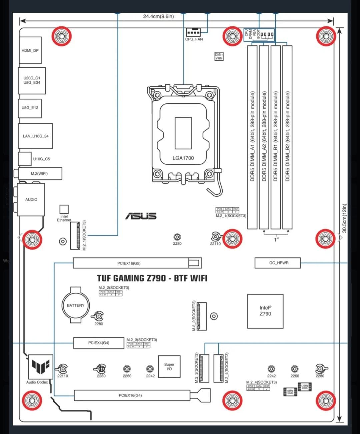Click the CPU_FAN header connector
point(193,32)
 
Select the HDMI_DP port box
point(30,50)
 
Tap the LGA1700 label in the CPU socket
point(183,158)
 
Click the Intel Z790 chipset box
point(265,311)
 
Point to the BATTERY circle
point(76,305)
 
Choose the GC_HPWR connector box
point(278,263)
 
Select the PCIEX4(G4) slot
point(99,343)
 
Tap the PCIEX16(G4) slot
point(132,395)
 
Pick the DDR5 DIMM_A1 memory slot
point(252,137)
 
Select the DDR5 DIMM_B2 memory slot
point(287,137)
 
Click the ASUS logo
point(141,216)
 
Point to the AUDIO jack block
point(31,199)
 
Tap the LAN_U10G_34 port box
point(35,136)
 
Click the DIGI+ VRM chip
point(219,56)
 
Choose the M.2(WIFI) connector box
point(40,174)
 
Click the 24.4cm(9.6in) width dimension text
point(158,16)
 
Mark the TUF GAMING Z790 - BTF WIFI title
point(152,278)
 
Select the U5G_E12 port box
point(30,108)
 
